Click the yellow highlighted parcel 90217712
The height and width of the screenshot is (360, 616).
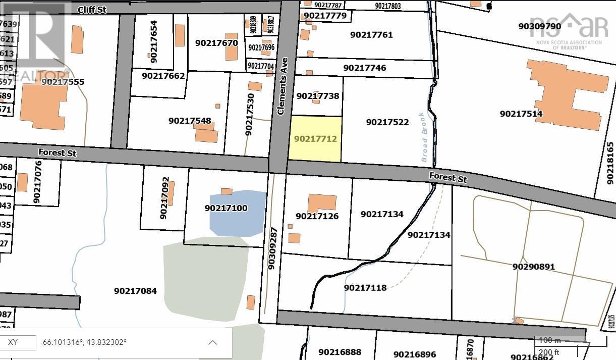[315, 139]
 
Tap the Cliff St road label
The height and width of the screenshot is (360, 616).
[92, 10]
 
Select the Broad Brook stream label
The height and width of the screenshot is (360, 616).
[424, 137]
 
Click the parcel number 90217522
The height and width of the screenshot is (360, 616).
[387, 122]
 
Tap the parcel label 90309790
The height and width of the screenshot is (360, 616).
[539, 26]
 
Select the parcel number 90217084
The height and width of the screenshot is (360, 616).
[135, 291]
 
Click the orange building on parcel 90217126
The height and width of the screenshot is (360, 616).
[321, 203]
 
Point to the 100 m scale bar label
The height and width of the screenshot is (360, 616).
[550, 340]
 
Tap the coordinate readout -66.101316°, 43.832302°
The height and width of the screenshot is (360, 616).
[84, 342]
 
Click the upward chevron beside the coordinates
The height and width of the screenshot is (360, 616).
[213, 343]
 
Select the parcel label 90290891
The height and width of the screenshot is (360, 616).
[533, 267]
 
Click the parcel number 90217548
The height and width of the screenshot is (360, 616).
[190, 121]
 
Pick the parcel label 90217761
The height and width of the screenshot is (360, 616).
[371, 35]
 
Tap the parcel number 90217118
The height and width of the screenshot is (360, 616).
[365, 288]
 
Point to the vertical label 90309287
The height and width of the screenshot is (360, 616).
[272, 248]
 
